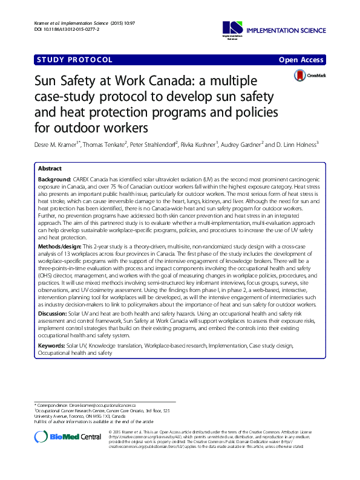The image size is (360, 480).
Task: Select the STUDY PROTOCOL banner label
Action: pyautogui.click(x=74, y=60)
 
